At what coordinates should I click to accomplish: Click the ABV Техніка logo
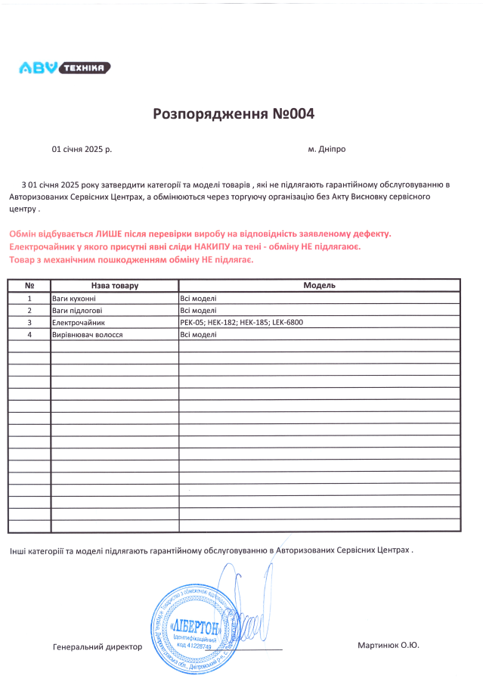(64, 68)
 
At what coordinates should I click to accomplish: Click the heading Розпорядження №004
(233, 114)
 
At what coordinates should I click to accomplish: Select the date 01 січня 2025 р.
(82, 150)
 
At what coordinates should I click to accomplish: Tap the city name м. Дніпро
(327, 150)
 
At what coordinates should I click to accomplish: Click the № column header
(29, 286)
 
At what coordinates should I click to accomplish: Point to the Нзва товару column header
(115, 286)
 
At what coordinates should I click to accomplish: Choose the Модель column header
(319, 286)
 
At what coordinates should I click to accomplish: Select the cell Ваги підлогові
(77, 310)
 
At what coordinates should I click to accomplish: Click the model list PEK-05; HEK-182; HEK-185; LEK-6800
(242, 322)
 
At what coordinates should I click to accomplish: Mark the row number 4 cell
(29, 334)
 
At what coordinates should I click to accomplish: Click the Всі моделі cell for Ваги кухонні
(198, 298)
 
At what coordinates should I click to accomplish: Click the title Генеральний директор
(98, 647)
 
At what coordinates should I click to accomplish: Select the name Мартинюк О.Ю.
(388, 645)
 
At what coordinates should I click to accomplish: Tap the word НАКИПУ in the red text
(213, 247)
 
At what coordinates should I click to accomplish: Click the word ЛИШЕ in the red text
(96, 234)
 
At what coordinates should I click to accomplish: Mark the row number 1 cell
(29, 298)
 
